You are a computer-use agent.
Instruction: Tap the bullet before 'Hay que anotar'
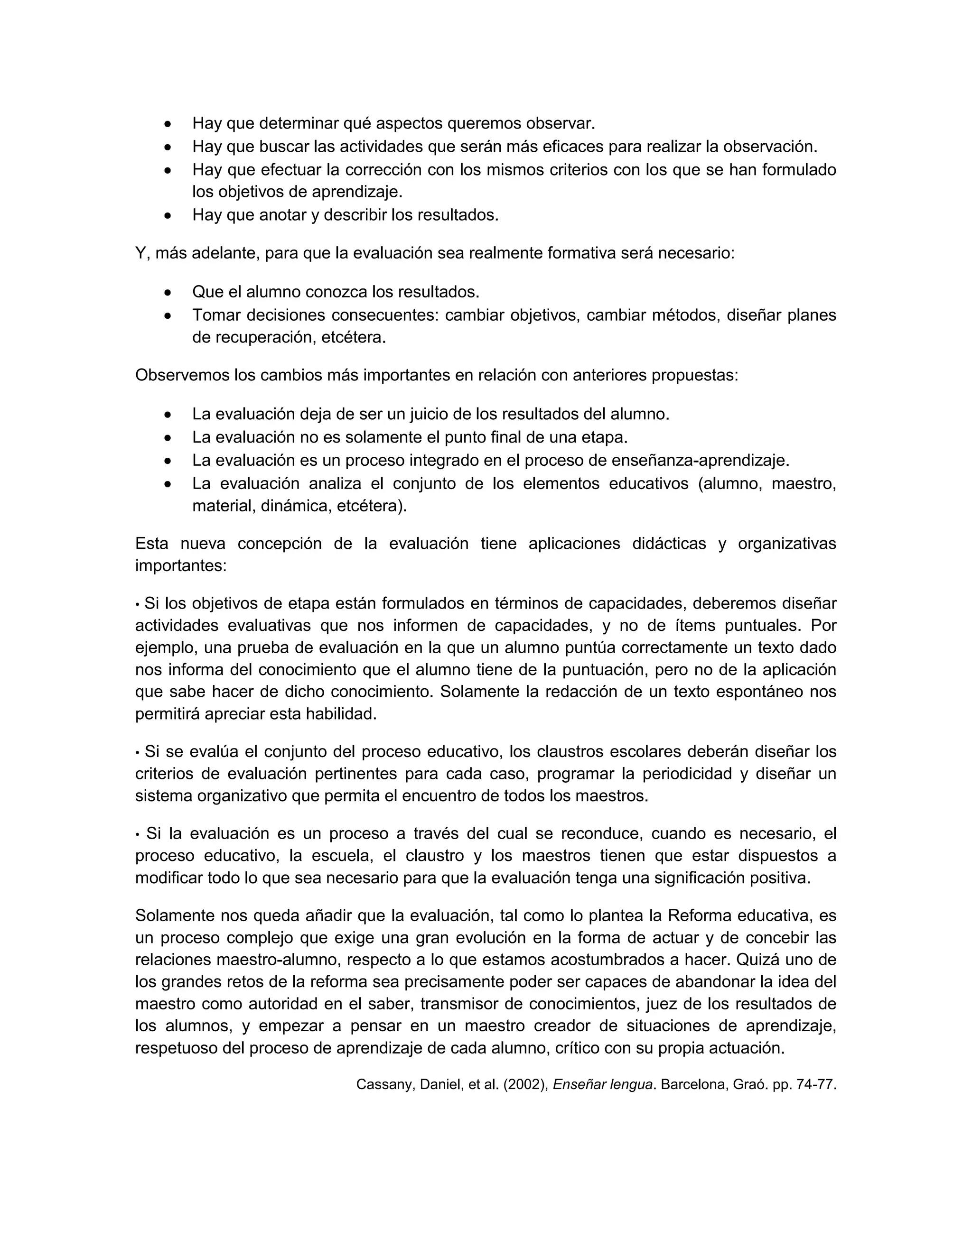[x=168, y=216]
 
